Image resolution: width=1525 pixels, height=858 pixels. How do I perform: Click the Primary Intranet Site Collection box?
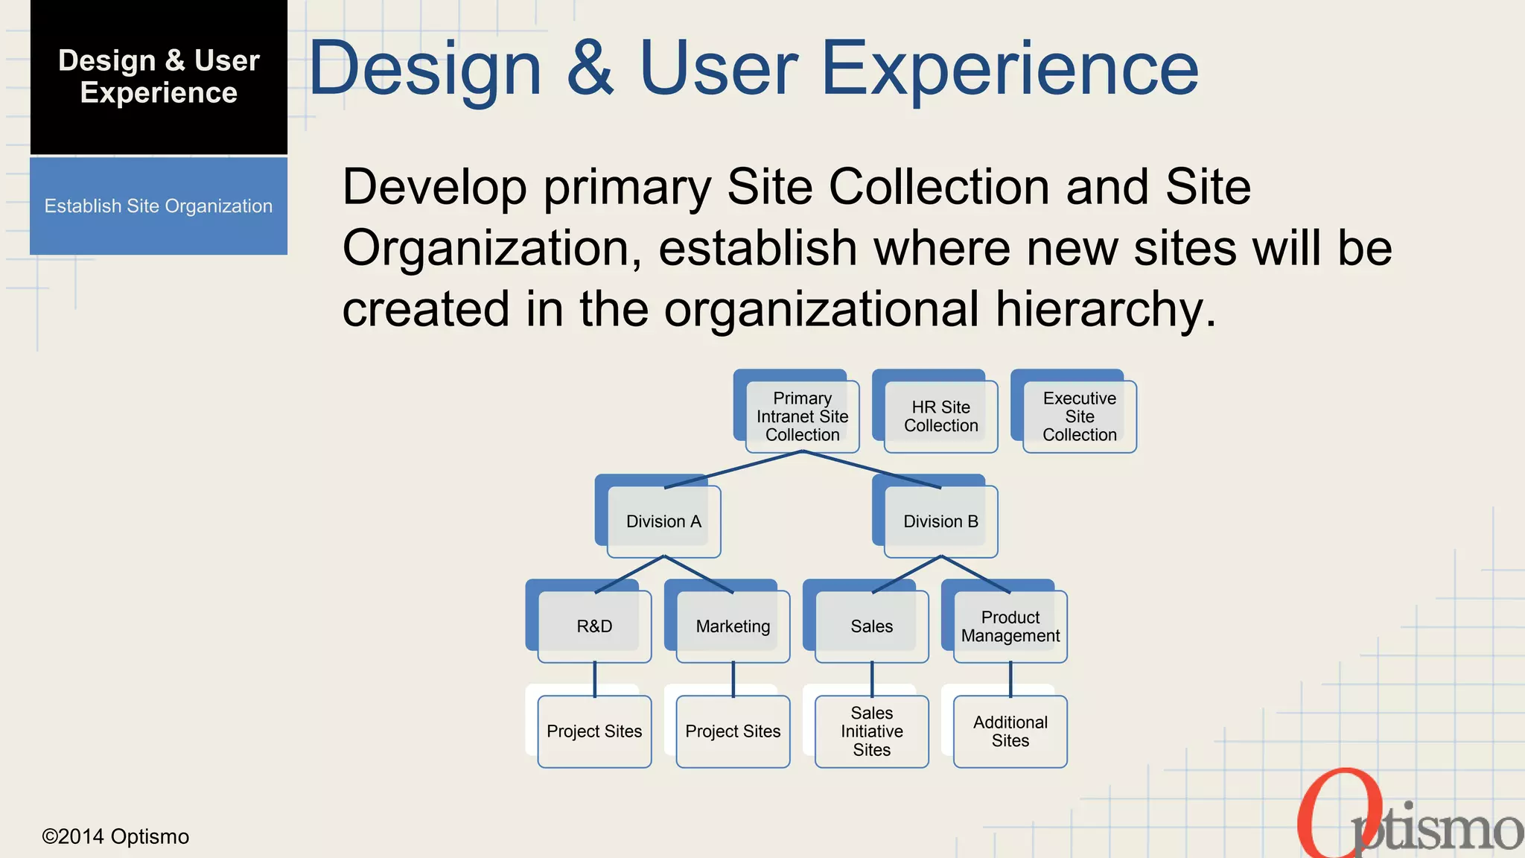point(802,416)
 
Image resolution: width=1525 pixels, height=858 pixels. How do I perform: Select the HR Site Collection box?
point(940,416)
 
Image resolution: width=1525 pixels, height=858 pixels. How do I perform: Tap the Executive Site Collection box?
point(1079,416)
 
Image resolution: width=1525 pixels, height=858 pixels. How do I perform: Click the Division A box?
point(663,521)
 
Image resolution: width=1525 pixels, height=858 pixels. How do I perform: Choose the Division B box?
point(940,521)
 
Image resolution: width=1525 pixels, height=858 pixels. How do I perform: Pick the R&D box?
point(594,626)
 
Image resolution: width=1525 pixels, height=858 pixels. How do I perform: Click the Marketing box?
point(733,626)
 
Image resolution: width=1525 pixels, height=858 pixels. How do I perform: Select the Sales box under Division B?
point(871,626)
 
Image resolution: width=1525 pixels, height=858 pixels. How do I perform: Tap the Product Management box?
point(1010,626)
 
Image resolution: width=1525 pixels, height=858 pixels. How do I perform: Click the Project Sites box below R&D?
point(594,731)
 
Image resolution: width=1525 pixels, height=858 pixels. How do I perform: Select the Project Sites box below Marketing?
point(733,731)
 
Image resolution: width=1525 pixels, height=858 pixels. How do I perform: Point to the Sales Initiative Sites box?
point(871,731)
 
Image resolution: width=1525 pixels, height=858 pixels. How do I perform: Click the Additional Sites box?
point(1010,731)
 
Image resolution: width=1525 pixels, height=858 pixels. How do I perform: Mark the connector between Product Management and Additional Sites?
point(1010,679)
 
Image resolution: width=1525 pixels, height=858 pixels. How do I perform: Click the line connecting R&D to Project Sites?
point(595,679)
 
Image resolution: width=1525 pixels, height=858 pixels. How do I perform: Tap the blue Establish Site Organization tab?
point(159,206)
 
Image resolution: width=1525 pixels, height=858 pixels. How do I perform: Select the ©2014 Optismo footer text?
point(115,836)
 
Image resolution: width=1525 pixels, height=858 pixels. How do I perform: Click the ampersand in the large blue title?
point(590,69)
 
